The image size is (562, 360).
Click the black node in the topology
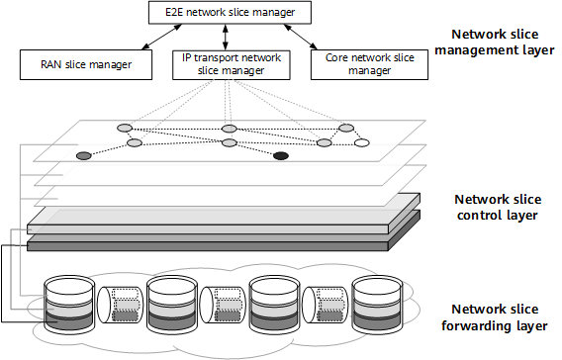tap(281, 156)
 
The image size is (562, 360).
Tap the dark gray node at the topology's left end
tap(84, 156)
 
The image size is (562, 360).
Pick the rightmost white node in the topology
tap(362, 143)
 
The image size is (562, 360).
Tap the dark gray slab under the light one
tap(208, 241)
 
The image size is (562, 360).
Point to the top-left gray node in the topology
tap(125, 129)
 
